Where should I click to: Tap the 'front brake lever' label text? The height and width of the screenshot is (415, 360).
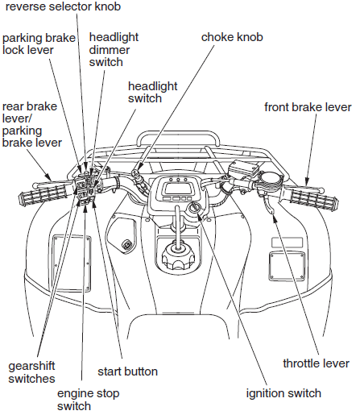[x=307, y=106]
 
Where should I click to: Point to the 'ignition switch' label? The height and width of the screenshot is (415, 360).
[x=283, y=393]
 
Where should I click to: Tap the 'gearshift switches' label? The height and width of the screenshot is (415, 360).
[x=32, y=371]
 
